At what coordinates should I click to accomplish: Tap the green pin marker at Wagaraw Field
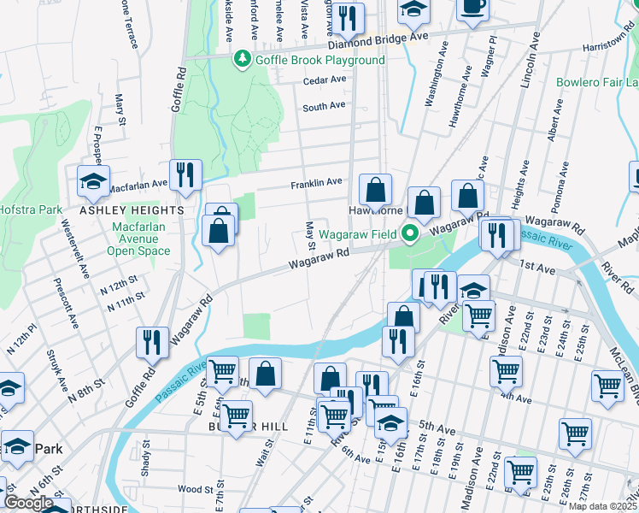tap(411, 233)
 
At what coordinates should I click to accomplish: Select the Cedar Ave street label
tap(325, 81)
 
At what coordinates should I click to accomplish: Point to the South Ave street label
tap(324, 107)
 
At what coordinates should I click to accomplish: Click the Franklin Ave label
tap(316, 182)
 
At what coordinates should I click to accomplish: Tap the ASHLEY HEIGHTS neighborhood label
tap(132, 209)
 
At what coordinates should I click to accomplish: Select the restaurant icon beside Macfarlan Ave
tap(185, 174)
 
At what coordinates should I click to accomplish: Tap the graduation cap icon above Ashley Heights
tap(93, 180)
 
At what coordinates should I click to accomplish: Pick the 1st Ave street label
tap(540, 268)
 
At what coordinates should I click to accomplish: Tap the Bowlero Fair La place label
tap(597, 83)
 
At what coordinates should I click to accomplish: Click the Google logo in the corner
tap(29, 502)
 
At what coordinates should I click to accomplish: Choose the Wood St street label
tap(195, 489)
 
